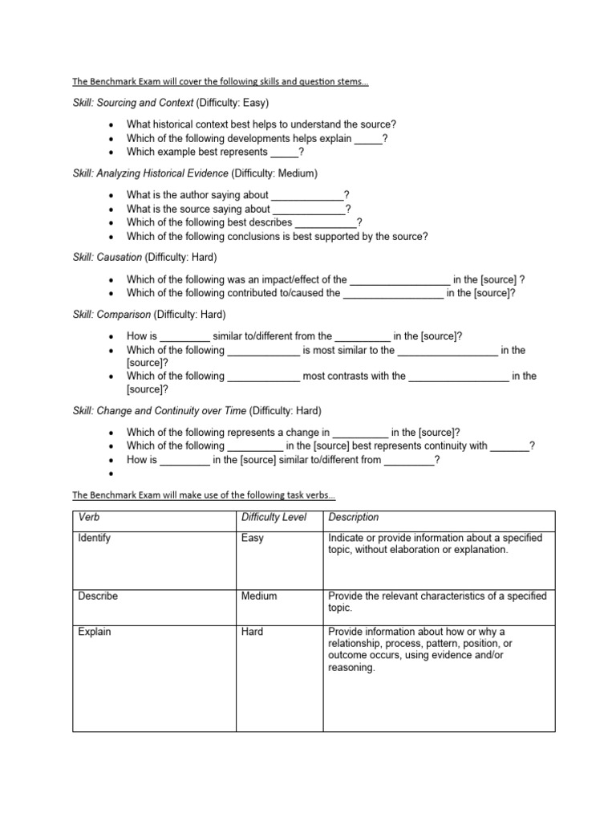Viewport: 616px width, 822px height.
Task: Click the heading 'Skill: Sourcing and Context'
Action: (133, 103)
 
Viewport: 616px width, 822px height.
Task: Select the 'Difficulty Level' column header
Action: (274, 518)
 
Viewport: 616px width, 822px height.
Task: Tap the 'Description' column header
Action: (354, 518)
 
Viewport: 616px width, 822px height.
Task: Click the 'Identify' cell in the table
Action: (95, 538)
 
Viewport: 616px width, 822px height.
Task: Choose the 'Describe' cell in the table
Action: (97, 596)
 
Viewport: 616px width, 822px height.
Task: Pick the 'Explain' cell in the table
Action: (95, 632)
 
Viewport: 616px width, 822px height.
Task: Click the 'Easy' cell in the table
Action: (252, 538)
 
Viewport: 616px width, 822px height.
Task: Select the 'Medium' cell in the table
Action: (258, 596)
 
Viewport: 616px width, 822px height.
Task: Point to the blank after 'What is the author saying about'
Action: (307, 195)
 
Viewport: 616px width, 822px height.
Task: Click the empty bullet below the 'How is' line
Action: (110, 474)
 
